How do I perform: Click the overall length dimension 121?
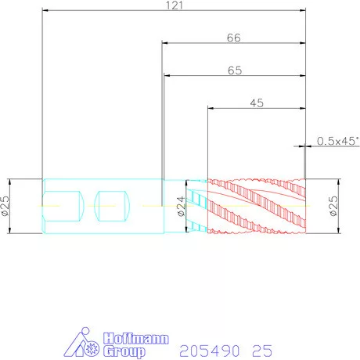[175, 5]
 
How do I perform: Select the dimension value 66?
[233, 38]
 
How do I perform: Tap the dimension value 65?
[235, 70]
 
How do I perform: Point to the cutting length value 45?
[257, 103]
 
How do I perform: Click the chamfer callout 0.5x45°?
[338, 141]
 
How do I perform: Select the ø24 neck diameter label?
[182, 207]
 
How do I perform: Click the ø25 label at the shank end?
[5, 206]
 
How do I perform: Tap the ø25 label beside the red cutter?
[333, 206]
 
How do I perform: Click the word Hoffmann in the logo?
[136, 338]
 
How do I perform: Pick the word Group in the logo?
[124, 351]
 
